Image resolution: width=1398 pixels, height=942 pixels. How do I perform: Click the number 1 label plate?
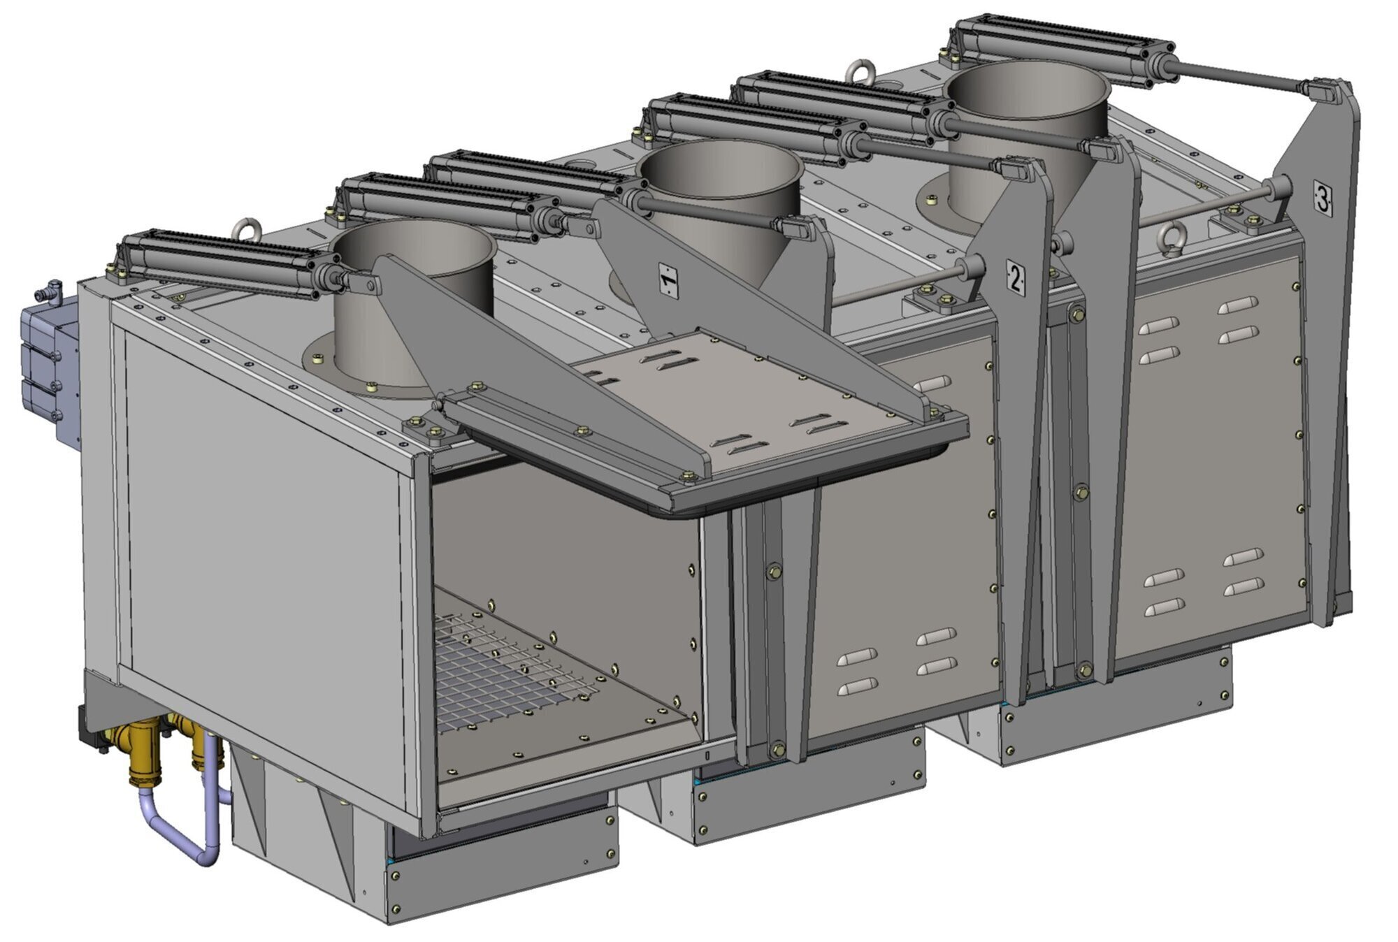pos(669,282)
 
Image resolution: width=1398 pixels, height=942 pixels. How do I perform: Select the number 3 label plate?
pos(1323,198)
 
